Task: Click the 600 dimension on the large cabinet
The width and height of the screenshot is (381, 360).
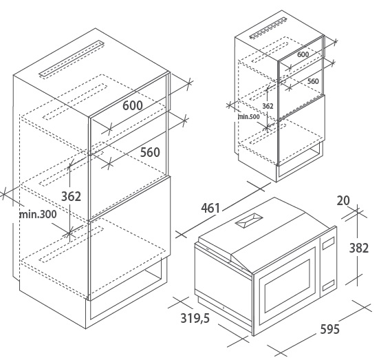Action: (133, 105)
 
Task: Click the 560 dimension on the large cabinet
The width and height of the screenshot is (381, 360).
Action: (150, 152)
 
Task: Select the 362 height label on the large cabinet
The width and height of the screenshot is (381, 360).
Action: (71, 196)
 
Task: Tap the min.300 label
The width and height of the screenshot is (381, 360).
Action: (38, 214)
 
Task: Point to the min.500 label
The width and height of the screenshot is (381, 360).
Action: (248, 117)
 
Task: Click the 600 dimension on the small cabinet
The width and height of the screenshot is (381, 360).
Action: (303, 54)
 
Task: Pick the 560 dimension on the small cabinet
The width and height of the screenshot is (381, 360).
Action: (313, 81)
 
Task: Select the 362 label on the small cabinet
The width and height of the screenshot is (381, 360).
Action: (268, 106)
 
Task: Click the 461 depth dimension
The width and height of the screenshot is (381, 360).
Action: (210, 208)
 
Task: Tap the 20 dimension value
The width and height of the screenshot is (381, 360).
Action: (343, 201)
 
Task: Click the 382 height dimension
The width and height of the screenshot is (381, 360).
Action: (359, 248)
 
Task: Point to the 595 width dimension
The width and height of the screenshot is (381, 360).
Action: (329, 329)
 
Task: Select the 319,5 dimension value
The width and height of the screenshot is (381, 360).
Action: (195, 318)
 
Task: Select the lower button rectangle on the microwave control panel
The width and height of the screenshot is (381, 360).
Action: (329, 285)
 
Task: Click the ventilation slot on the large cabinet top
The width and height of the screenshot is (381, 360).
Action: (72, 59)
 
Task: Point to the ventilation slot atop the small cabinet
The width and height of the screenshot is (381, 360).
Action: (268, 28)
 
